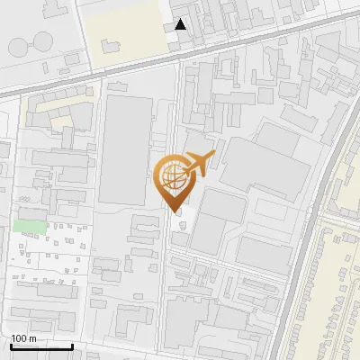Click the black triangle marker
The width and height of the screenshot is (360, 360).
coord(182,24)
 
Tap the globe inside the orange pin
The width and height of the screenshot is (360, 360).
coord(173,175)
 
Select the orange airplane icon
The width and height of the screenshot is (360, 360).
coord(199,164)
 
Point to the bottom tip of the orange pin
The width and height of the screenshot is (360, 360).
coord(175,211)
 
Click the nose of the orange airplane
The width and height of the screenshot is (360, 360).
coord(214,157)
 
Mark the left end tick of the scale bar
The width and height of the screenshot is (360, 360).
coord(11,346)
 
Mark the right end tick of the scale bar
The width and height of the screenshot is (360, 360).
coord(72,346)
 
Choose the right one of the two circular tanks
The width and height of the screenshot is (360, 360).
coord(42,40)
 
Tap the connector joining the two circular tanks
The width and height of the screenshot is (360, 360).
coord(29,40)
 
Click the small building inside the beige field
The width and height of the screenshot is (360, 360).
coord(112,43)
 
